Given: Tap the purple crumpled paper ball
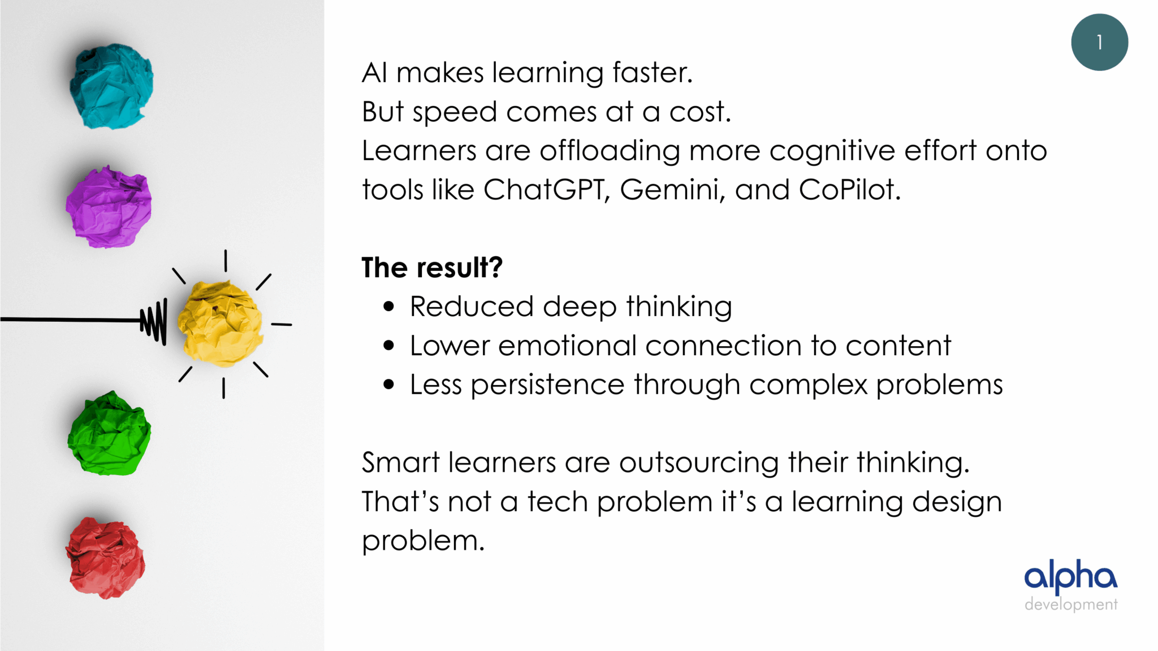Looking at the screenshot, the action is click(109, 206).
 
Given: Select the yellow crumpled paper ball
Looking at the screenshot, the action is click(220, 324).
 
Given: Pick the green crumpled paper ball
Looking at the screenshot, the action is click(110, 433).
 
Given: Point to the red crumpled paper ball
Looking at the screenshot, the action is click(106, 558).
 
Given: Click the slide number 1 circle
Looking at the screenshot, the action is click(1099, 42).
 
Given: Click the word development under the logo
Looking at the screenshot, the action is click(1071, 605).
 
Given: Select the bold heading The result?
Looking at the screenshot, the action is click(432, 268).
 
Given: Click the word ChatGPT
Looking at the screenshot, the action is click(546, 189).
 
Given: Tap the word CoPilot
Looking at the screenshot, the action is click(849, 189).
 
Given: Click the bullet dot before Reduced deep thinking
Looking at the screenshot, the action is click(388, 307).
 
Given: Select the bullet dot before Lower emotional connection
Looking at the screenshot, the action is click(388, 346).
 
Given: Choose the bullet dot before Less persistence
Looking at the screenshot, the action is click(388, 385).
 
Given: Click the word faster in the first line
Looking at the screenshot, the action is click(653, 72).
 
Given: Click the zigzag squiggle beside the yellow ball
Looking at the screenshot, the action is click(154, 321).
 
